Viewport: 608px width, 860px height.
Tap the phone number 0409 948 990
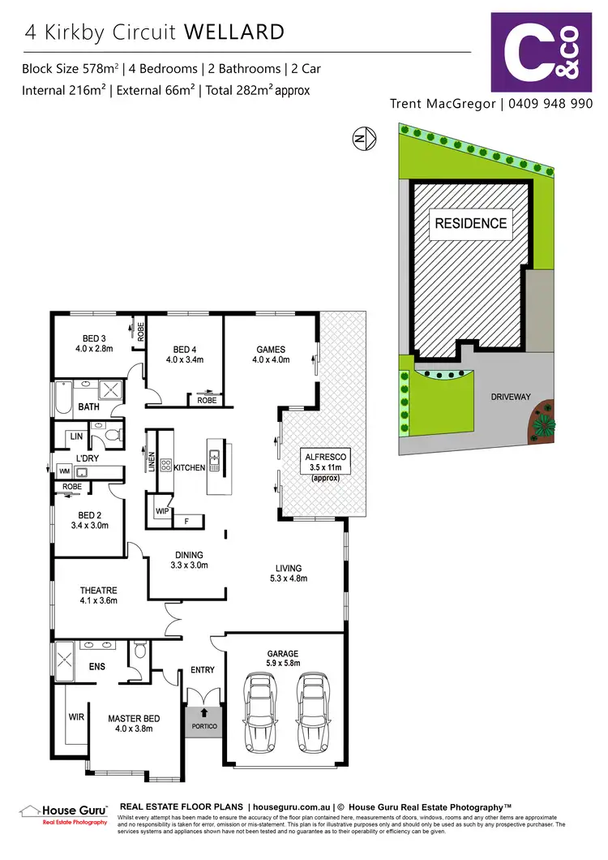(x=549, y=104)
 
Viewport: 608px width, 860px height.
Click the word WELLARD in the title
(x=234, y=32)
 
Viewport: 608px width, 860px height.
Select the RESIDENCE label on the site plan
(x=471, y=223)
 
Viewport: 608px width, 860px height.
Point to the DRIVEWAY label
(x=511, y=398)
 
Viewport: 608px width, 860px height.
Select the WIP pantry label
(x=162, y=512)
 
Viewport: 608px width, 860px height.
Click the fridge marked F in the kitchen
(x=187, y=520)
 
